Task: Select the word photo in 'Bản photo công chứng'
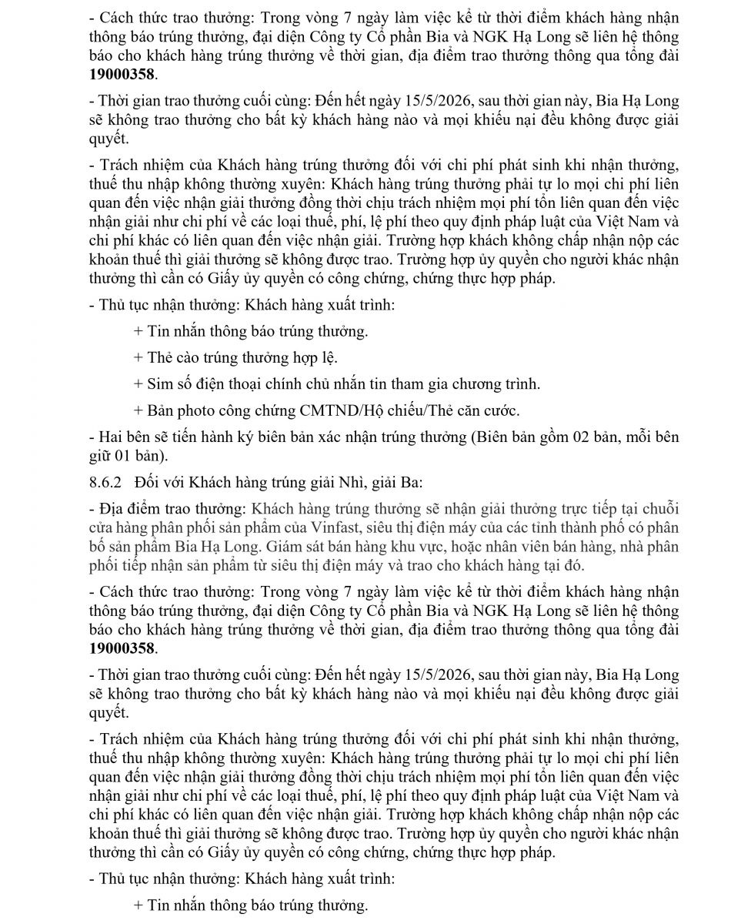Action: (192, 410)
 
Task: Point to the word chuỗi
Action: (659, 508)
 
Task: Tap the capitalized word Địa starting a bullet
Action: (112, 508)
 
